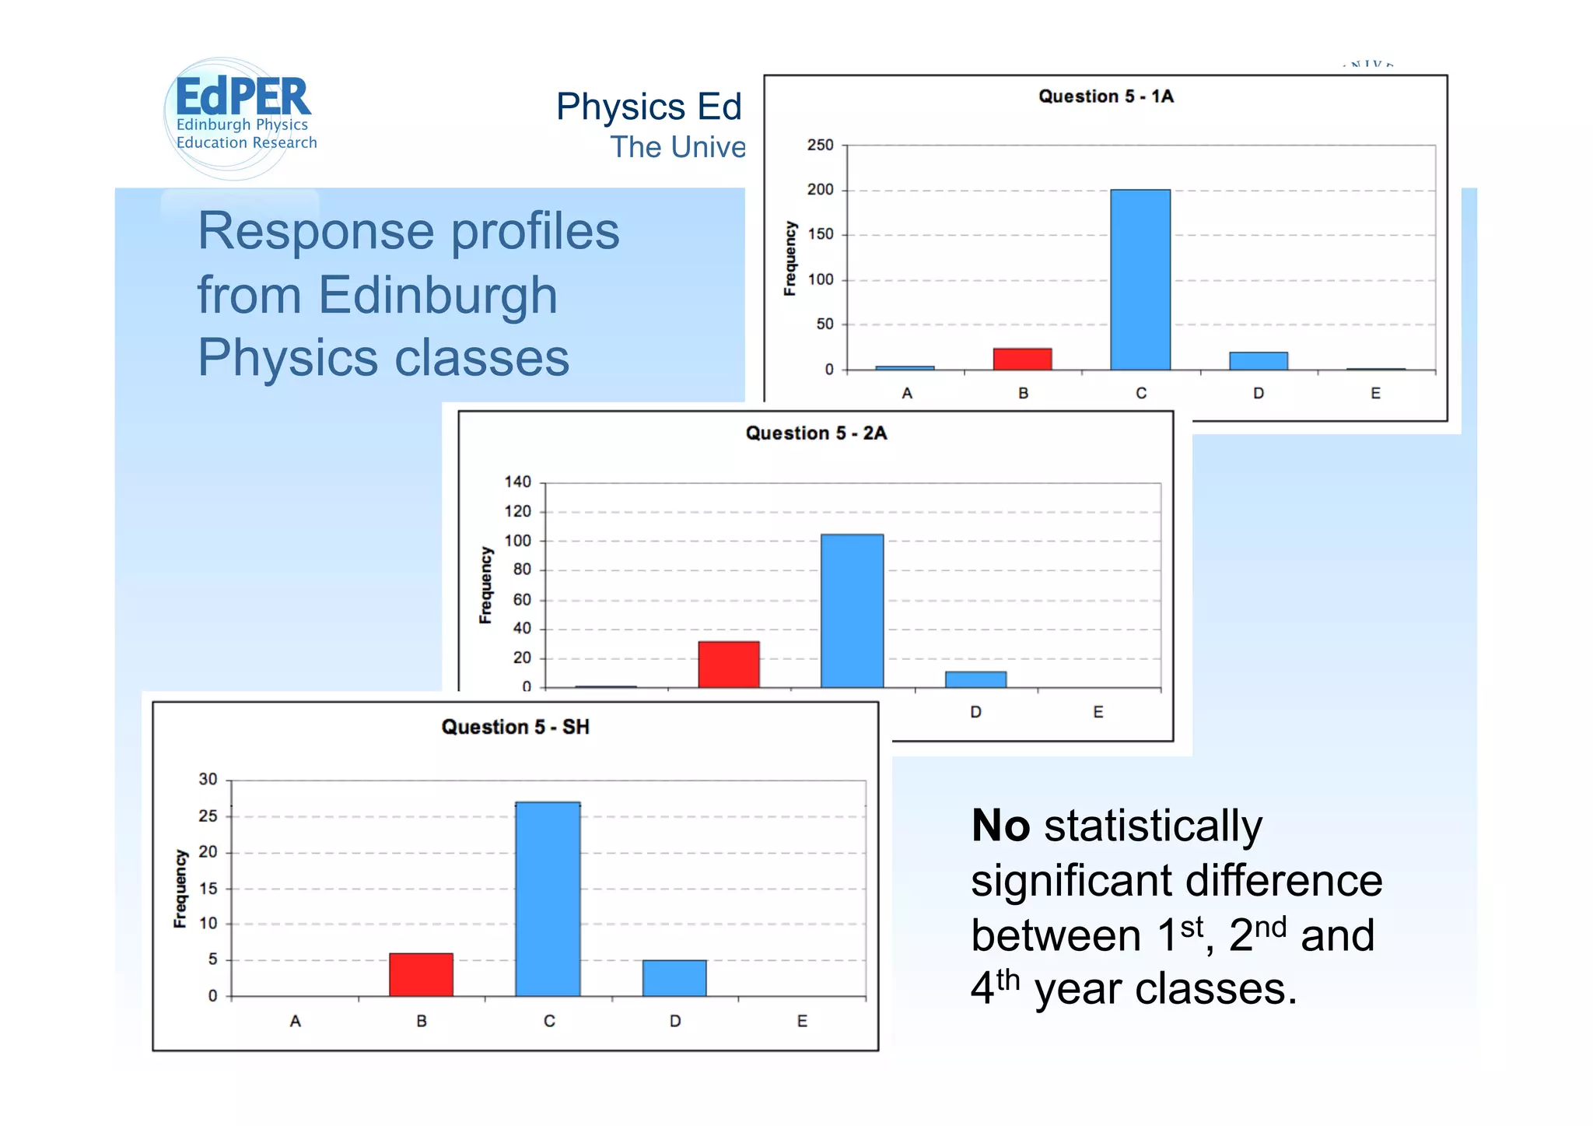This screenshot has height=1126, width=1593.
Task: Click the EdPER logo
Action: click(x=242, y=117)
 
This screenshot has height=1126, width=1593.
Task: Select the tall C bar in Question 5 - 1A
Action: click(x=1140, y=279)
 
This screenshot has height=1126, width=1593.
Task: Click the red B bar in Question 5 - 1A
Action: click(x=1022, y=359)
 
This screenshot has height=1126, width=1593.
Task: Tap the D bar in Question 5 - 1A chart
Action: click(x=1258, y=361)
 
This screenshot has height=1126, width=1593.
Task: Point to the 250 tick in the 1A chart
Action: click(x=820, y=146)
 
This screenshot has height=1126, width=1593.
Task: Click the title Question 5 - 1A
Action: click(x=1105, y=96)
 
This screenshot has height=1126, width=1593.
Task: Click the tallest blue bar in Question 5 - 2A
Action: click(x=852, y=611)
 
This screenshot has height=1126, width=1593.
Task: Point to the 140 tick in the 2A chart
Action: click(x=517, y=482)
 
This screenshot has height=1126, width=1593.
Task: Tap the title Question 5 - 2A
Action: click(x=816, y=433)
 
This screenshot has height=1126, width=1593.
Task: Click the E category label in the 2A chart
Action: click(x=1098, y=712)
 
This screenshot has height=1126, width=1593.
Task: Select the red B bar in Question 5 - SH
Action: click(x=421, y=974)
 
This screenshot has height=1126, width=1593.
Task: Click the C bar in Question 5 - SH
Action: click(x=548, y=899)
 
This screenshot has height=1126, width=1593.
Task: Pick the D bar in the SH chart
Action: click(x=674, y=977)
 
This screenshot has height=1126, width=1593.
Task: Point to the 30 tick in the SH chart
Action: click(x=208, y=780)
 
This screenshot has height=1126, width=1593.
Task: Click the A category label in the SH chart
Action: click(x=295, y=1021)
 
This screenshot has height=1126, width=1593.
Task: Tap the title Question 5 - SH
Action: click(x=515, y=727)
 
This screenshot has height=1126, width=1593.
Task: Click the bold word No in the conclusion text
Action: click(x=1000, y=826)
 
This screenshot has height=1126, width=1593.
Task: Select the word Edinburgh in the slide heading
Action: click(x=438, y=296)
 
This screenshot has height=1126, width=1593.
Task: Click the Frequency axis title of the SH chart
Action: click(x=180, y=888)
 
